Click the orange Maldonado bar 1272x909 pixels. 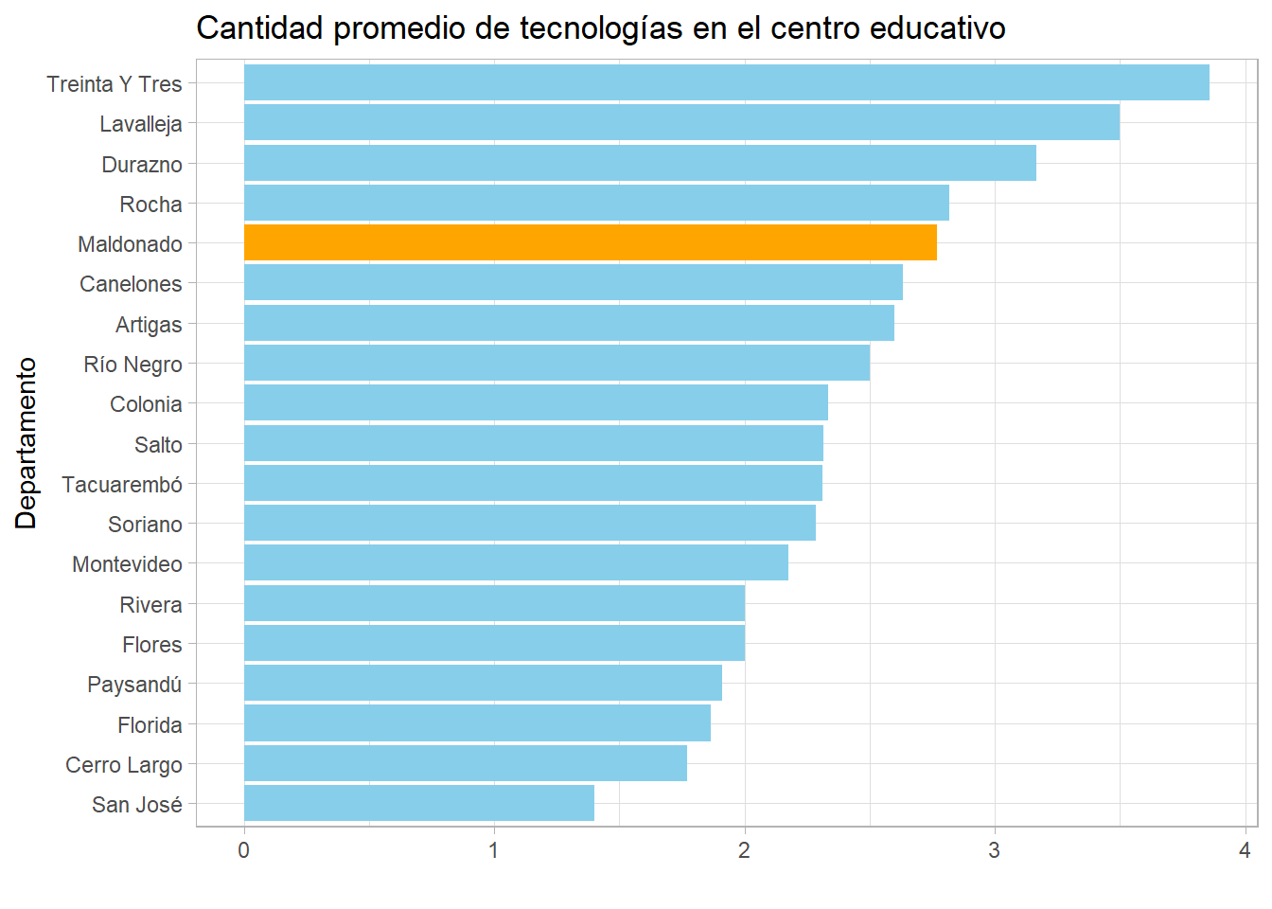(590, 242)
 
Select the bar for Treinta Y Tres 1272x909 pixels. (726, 82)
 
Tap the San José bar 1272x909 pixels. (418, 803)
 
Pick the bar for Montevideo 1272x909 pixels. (516, 562)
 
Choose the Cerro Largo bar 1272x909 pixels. (465, 763)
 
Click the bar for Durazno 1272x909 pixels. (640, 163)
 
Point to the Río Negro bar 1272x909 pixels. (556, 363)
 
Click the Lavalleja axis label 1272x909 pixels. (141, 124)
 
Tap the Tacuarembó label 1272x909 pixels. (122, 485)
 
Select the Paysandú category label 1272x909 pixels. (134, 685)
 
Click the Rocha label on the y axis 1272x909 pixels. (150, 205)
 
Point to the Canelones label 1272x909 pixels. (131, 284)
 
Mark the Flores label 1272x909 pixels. (151, 645)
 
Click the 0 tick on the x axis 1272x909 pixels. (244, 850)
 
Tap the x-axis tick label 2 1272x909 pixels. (744, 850)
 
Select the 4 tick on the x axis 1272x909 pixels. (1245, 850)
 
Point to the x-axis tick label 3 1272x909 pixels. (994, 850)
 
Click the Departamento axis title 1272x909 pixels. (26, 443)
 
